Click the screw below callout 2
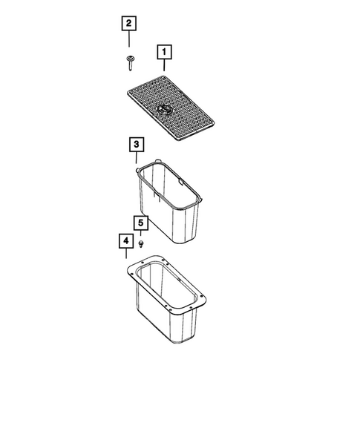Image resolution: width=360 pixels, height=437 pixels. pos(130,65)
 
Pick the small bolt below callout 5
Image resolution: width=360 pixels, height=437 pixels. pos(141,243)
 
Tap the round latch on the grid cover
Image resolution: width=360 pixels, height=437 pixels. pos(165,111)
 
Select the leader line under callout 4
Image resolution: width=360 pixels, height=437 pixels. pos(126,254)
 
